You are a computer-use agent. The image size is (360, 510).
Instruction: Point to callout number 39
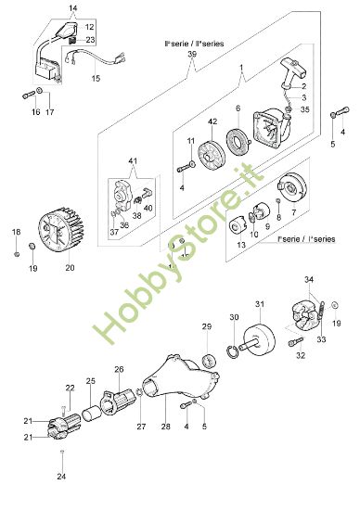192,55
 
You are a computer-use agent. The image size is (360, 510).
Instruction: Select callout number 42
212,121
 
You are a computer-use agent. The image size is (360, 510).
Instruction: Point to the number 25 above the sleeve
91,381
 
